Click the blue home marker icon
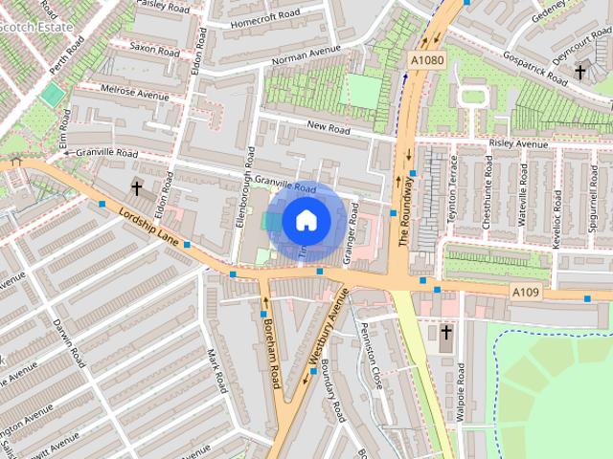pos(306,220)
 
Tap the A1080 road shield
pos(427,58)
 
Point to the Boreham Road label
pos(271,354)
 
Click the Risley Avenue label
pos(518,143)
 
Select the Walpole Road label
pos(461,392)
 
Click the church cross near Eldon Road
pos(136,188)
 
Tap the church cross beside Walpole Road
pos(445,333)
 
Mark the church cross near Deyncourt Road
pos(580,71)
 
